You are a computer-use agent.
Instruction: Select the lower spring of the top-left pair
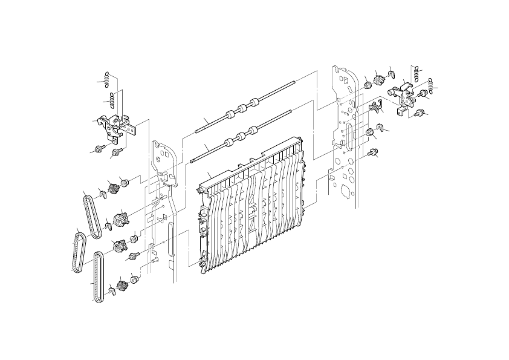(x=113, y=97)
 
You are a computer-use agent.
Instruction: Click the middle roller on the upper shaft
(x=241, y=109)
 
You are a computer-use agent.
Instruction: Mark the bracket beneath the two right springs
(x=401, y=97)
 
